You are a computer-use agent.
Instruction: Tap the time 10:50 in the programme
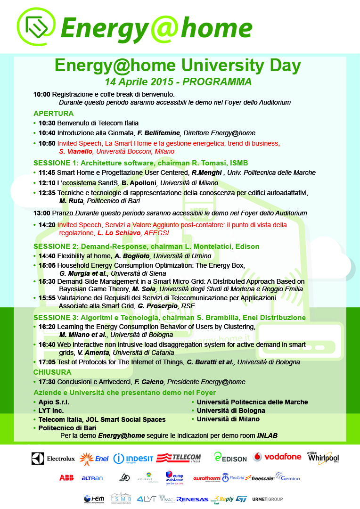point(47,143)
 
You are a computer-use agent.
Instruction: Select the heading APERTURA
point(53,114)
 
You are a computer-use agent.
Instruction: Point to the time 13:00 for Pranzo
point(41,213)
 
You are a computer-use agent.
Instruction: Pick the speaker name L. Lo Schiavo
point(119,233)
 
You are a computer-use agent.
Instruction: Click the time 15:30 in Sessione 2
point(47,281)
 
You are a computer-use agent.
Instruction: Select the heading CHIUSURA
point(52,372)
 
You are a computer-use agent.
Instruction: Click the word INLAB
point(267,435)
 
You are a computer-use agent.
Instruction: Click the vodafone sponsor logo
point(277,457)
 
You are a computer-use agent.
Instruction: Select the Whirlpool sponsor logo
point(323,457)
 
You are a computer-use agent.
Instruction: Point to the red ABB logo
point(66,478)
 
